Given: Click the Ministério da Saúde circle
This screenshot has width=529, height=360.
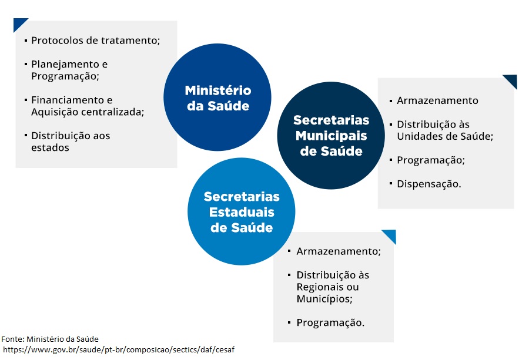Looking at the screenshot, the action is pos(217,97).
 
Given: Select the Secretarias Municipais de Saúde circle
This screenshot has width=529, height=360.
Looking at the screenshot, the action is pos(331,136).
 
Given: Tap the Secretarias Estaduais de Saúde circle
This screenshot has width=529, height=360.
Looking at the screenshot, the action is pos(242,211).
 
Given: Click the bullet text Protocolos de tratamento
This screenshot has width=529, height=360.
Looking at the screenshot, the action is pos(95,41).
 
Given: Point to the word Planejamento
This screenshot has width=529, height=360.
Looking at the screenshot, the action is pos(66,64).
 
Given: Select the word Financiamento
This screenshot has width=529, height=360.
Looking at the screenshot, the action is pos(69,100).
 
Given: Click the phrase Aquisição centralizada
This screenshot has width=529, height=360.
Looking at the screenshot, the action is pos(88,112).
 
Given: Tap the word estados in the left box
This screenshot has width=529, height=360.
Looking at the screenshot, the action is pos(50,147).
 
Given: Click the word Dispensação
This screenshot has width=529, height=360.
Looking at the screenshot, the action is pos(429,184).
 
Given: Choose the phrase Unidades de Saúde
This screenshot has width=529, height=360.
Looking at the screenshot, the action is pos(445,136).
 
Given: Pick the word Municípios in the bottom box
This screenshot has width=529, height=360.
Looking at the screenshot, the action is pos(324,299).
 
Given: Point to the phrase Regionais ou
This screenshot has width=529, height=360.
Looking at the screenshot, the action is pos(327,287).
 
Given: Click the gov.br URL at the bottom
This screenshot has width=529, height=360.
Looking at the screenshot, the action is pos(118,350).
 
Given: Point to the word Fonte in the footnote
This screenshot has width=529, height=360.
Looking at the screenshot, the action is pos(12,339).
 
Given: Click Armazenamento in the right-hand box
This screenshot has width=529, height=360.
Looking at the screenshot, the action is pos(437,100).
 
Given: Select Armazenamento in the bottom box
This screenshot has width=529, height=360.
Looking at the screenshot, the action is pos(339,251).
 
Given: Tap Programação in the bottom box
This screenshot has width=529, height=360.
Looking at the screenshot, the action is pos(330,323).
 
